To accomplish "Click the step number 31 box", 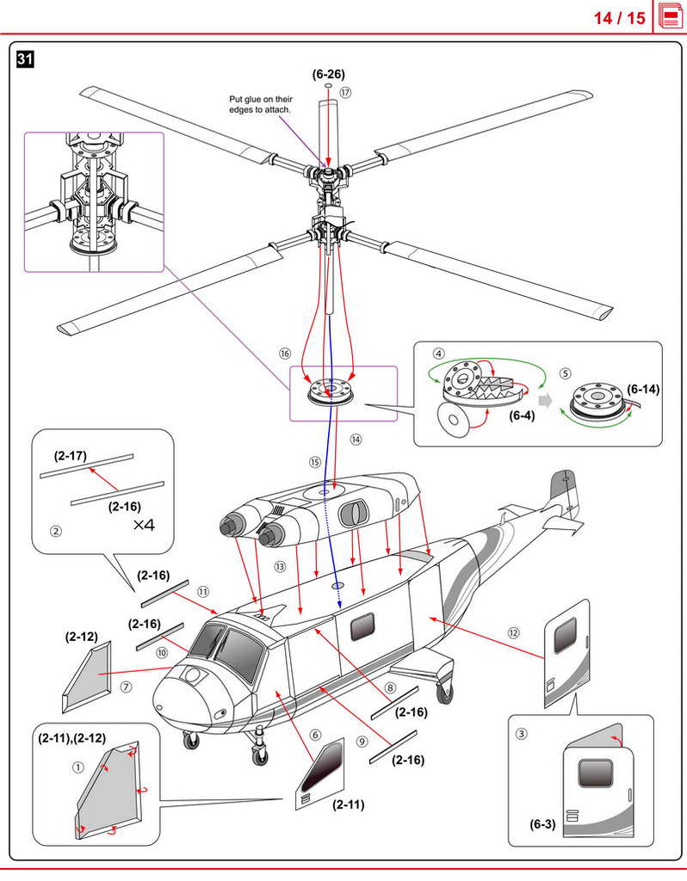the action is pyautogui.click(x=25, y=59).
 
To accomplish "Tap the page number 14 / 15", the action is pyautogui.click(x=620, y=18).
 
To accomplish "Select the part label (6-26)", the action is pyautogui.click(x=328, y=74).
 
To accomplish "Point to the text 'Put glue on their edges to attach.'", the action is pyautogui.click(x=260, y=104).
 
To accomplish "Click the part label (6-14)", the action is pyautogui.click(x=642, y=389).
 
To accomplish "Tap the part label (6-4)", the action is pyautogui.click(x=522, y=416).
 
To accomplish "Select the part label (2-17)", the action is pyautogui.click(x=71, y=456).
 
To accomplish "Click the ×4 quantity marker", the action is pyautogui.click(x=144, y=526).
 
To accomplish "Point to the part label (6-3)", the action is pyautogui.click(x=542, y=824).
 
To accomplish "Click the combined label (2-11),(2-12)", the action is pyautogui.click(x=72, y=737).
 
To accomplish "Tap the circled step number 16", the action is pyautogui.click(x=285, y=354).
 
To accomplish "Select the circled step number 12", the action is pyautogui.click(x=513, y=633).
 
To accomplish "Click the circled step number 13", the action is pyautogui.click(x=280, y=567).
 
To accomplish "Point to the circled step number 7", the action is pyautogui.click(x=126, y=687).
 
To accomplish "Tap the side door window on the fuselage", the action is pyautogui.click(x=362, y=627).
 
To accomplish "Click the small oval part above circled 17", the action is pyautogui.click(x=328, y=87).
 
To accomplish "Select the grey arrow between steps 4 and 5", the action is pyautogui.click(x=545, y=401).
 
